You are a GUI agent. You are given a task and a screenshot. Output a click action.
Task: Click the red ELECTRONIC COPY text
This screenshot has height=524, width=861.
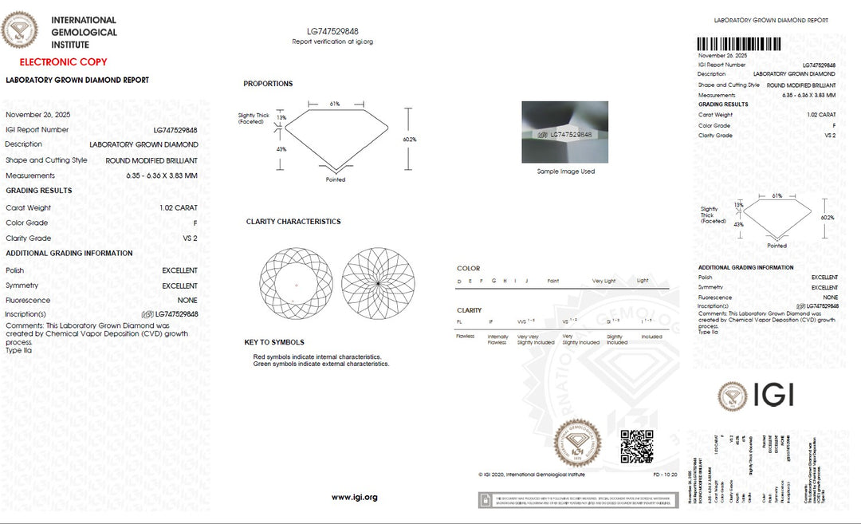coord(63,61)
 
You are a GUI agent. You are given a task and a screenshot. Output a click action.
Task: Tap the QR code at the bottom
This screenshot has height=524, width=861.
coord(637,446)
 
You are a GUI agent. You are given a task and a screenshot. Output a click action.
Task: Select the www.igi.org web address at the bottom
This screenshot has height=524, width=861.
coord(354,498)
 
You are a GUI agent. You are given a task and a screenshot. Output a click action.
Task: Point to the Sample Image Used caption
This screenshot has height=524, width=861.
coord(565,171)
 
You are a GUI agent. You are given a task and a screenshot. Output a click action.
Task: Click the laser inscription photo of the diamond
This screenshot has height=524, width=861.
coord(564,132)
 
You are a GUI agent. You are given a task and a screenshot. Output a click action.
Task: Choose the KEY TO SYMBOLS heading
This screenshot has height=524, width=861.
coord(274,342)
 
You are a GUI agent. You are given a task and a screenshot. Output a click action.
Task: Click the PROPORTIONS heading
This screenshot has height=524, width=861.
coord(268,84)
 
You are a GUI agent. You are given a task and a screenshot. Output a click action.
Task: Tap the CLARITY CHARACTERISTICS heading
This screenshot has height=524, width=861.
coord(293,222)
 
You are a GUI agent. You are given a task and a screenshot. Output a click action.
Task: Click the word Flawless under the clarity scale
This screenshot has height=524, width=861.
coord(466,337)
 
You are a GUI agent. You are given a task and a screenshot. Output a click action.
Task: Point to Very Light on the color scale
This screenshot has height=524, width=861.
coord(603,281)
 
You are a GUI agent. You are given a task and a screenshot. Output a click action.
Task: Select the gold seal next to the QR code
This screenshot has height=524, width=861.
coord(578,443)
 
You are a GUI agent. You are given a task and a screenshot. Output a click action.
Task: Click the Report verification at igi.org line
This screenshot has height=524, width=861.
coord(332,41)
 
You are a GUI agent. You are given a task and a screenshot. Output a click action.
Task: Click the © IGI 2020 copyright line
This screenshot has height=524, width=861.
coord(532,475)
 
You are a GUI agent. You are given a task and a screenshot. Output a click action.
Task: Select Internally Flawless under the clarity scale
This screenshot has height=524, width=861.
coord(497,340)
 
